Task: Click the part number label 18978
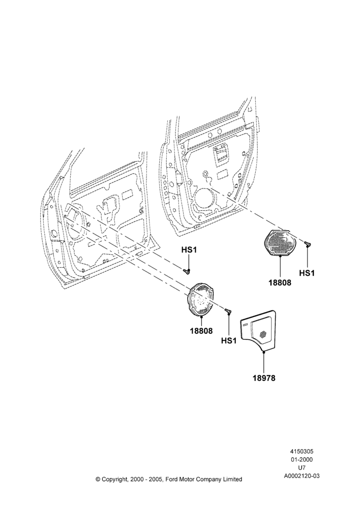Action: (264, 378)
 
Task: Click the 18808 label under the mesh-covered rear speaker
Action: (280, 282)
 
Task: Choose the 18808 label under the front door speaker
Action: (201, 331)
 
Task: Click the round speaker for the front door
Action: (200, 299)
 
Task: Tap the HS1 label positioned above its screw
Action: (189, 250)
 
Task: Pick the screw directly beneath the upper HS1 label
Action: (187, 271)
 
